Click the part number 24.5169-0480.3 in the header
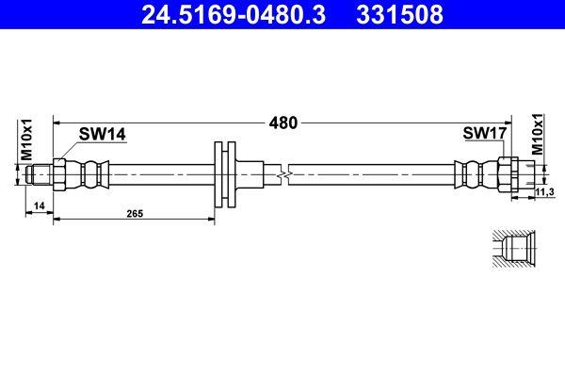(x=234, y=14)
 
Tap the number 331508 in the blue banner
(x=399, y=14)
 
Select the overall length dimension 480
(x=283, y=123)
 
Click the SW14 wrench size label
(x=103, y=134)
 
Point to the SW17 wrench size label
(x=485, y=133)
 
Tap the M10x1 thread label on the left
(x=26, y=139)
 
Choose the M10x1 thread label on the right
(x=538, y=134)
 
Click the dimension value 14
(x=39, y=205)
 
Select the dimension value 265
(x=135, y=214)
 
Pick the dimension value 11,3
(x=545, y=192)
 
